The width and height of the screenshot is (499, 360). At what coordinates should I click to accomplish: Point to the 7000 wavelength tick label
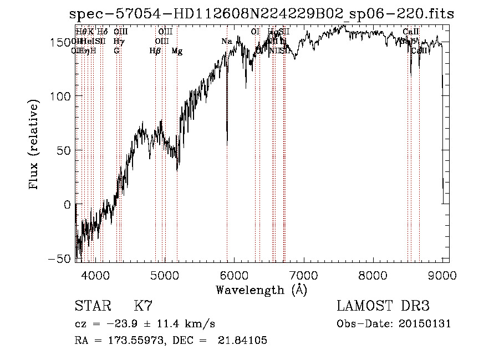coord(303,275)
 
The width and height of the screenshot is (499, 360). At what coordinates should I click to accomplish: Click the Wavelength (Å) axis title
coord(261,290)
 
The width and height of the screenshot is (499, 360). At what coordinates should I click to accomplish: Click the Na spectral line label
coord(227,42)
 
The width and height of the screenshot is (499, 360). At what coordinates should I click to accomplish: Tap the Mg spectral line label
coord(177,51)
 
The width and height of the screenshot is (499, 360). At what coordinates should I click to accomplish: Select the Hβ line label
coord(155,51)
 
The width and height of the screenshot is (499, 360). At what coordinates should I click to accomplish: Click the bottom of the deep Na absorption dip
coord(227,143)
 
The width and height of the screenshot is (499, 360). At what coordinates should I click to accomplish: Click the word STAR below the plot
coord(93,306)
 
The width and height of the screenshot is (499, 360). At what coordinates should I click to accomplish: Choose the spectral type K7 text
coord(143,306)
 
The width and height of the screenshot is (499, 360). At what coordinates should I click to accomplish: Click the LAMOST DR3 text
coord(383,306)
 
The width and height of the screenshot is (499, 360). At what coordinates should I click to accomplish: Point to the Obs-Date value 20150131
coord(425,323)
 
